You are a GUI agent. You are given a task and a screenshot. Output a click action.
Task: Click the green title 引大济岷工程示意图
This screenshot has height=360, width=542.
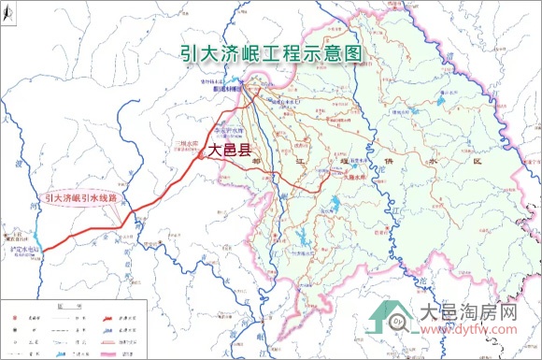pos(270,53)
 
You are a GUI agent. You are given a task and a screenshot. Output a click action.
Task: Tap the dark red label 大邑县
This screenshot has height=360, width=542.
pos(232,149)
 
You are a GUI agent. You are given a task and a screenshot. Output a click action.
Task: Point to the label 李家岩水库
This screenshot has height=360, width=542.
pos(230,130)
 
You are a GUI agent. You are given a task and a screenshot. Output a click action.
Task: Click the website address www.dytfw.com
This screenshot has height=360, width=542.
pos(470,328)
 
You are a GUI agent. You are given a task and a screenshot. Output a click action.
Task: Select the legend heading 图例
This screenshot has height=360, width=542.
pos(65,307)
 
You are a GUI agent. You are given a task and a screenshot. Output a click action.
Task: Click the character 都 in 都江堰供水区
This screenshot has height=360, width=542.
pos(257,162)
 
